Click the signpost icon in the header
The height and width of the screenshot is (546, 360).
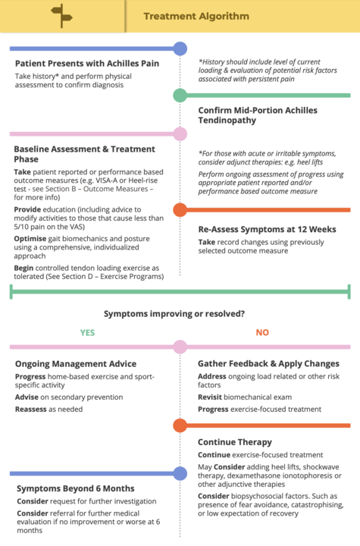click(x=61, y=16)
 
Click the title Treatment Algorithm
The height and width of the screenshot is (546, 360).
click(x=196, y=16)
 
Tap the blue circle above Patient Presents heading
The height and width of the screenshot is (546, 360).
click(x=180, y=49)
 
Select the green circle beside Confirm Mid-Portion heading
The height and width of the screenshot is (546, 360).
click(x=180, y=95)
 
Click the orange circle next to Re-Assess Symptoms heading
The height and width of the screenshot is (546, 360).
click(x=180, y=209)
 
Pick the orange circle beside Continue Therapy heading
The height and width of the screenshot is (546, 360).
click(x=180, y=425)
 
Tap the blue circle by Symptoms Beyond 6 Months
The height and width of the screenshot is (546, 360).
click(x=180, y=473)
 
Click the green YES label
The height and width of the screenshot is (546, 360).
click(x=87, y=333)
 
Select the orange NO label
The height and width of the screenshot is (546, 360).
click(x=262, y=333)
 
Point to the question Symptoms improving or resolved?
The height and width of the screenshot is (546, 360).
click(x=174, y=314)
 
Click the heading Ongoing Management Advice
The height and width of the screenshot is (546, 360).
click(x=76, y=364)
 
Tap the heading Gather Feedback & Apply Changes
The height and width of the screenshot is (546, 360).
click(x=268, y=363)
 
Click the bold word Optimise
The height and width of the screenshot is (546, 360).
click(x=30, y=239)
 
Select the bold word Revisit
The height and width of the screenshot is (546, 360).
click(x=210, y=397)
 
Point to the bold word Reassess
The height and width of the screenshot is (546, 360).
click(x=30, y=409)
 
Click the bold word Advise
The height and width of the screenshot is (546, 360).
click(x=27, y=397)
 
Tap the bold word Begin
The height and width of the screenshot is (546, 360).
click(x=23, y=268)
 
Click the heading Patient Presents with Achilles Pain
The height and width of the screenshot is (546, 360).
click(x=87, y=64)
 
